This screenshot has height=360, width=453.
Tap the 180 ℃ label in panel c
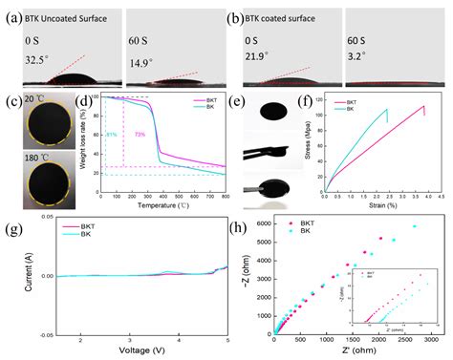click(35, 150)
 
